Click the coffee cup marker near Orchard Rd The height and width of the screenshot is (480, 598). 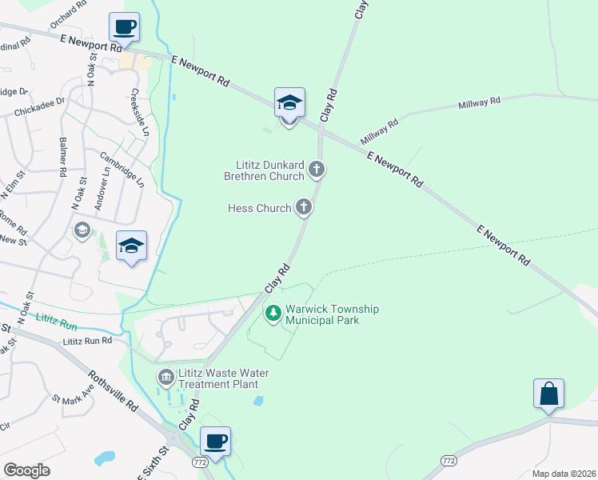coord(124,27)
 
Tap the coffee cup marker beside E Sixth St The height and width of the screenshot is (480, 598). coord(214,440)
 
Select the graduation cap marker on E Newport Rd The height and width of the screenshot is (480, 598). coord(289,102)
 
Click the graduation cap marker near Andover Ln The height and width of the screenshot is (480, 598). coord(132,246)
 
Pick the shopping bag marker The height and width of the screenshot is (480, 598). coord(548,394)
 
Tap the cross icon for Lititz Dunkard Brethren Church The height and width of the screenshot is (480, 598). coord(317,169)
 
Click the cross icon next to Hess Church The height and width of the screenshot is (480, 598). coord(303,208)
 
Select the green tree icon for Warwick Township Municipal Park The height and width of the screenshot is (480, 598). coord(273,314)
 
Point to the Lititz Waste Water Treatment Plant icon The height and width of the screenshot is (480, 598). coord(165,377)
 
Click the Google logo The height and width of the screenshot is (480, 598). coord(26,470)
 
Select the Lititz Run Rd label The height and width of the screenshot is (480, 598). coord(88,341)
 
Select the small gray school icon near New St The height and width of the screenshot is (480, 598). coord(81,230)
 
